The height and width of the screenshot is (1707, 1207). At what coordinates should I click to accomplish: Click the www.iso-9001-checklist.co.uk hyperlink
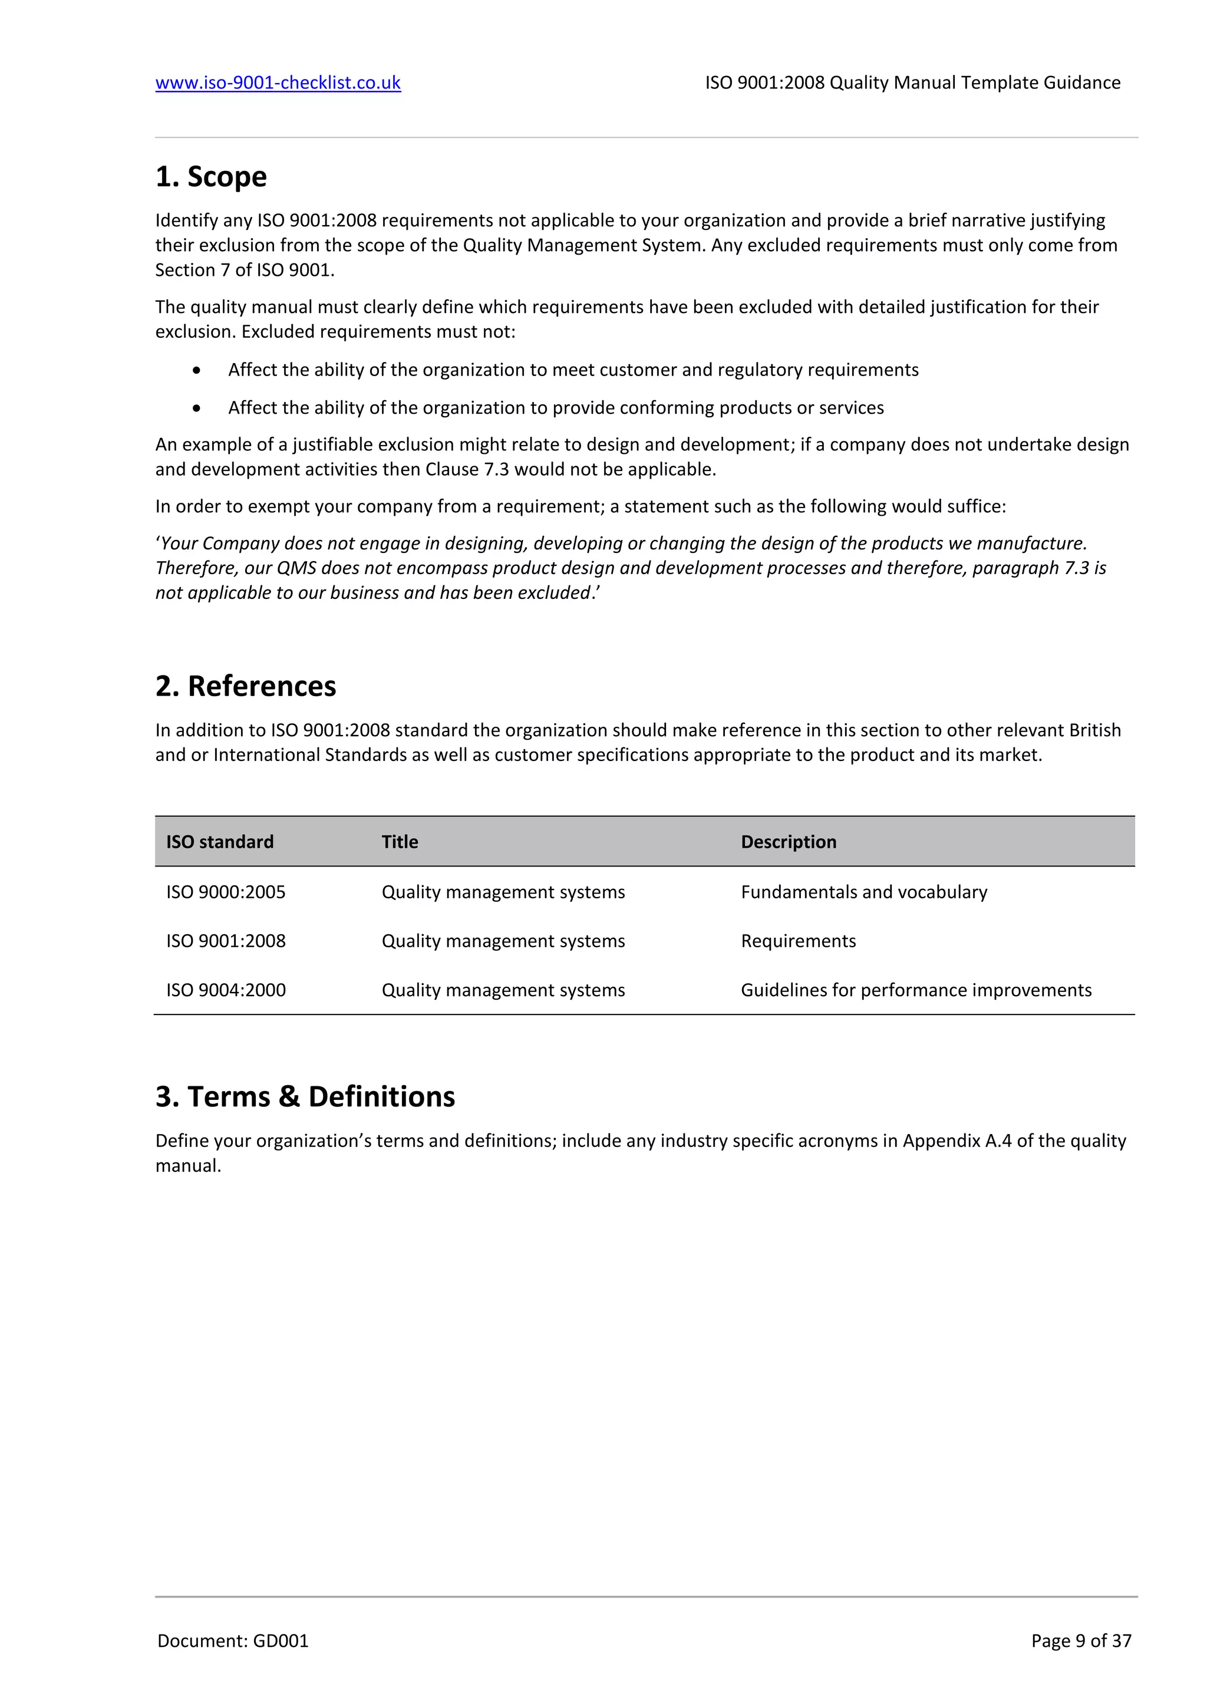coord(278,83)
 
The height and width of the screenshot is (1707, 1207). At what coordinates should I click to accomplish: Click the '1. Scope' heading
coord(211,177)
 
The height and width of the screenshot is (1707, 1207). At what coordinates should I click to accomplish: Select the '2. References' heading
coord(245,686)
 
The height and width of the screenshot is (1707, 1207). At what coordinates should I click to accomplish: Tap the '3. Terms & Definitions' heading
coord(305,1096)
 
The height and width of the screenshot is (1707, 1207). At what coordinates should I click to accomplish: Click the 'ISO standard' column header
coord(220,842)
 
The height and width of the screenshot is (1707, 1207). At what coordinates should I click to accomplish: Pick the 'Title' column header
coord(400,842)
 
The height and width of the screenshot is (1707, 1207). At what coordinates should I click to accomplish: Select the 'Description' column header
coord(789,842)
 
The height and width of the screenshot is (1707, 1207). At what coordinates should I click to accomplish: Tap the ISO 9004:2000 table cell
coord(226,990)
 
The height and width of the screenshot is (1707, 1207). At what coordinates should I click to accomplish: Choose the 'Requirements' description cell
coord(798,941)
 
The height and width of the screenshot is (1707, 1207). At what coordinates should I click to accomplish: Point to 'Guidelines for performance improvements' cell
coord(916,990)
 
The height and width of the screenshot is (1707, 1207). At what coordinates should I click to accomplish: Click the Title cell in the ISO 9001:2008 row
coord(503,941)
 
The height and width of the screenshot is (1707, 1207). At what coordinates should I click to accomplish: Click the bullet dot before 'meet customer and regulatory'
coord(196,370)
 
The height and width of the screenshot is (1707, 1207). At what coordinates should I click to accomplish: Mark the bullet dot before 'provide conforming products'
coord(196,408)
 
